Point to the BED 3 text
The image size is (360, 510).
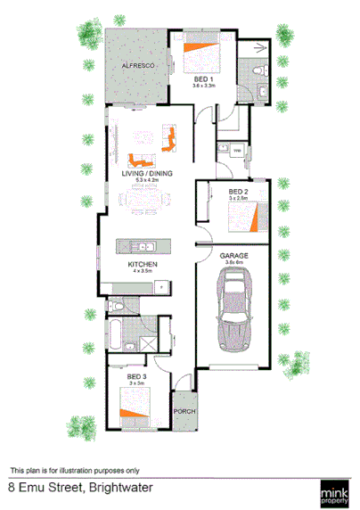[135, 377]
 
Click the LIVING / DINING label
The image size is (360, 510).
[146, 174]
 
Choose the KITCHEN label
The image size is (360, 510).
[143, 266]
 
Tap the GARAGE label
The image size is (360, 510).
[234, 255]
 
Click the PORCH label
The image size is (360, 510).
[184, 411]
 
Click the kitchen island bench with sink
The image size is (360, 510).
[143, 246]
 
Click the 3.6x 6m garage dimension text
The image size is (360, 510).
[234, 263]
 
